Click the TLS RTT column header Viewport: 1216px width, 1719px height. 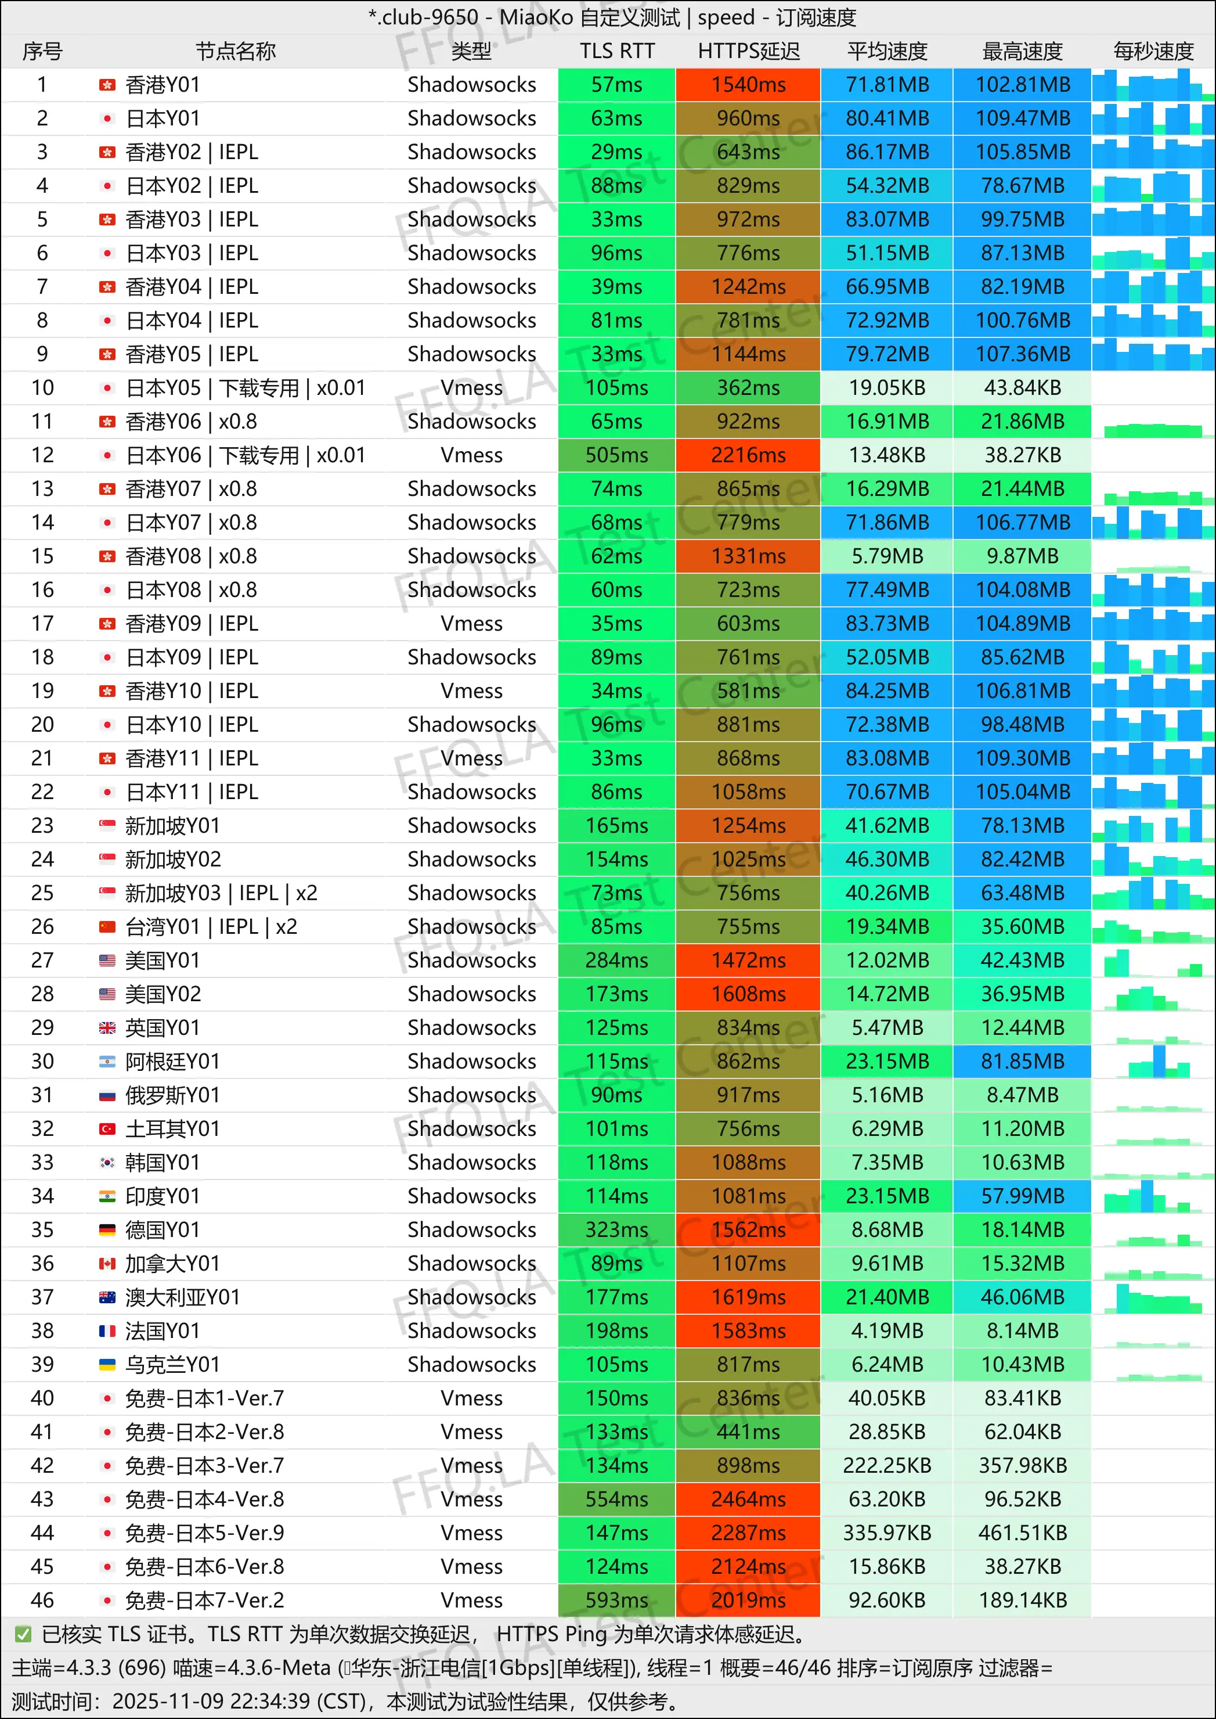pyautogui.click(x=616, y=51)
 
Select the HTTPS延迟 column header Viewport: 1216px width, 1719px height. pyautogui.click(x=748, y=51)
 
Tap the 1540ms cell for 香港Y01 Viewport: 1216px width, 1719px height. pyautogui.click(x=748, y=85)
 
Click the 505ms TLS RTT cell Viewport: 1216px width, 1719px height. pyautogui.click(x=616, y=455)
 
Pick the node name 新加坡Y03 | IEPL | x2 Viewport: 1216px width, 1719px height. pyautogui.click(x=221, y=893)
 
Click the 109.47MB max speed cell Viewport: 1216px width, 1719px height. pyautogui.click(x=1022, y=118)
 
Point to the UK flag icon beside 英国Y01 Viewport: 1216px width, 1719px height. pyautogui.click(x=107, y=1028)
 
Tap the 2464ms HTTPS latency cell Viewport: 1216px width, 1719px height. pyautogui.click(x=748, y=1499)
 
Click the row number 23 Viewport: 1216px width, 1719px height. pyautogui.click(x=43, y=825)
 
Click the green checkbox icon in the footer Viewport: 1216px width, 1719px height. pyautogui.click(x=23, y=1634)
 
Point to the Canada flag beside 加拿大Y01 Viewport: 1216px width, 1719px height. pyautogui.click(x=107, y=1264)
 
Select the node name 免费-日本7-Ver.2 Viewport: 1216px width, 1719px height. pyautogui.click(x=204, y=1601)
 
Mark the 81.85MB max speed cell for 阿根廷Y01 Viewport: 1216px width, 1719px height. pyautogui.click(x=1022, y=1062)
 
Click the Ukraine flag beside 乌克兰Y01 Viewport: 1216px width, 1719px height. pyautogui.click(x=107, y=1365)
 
